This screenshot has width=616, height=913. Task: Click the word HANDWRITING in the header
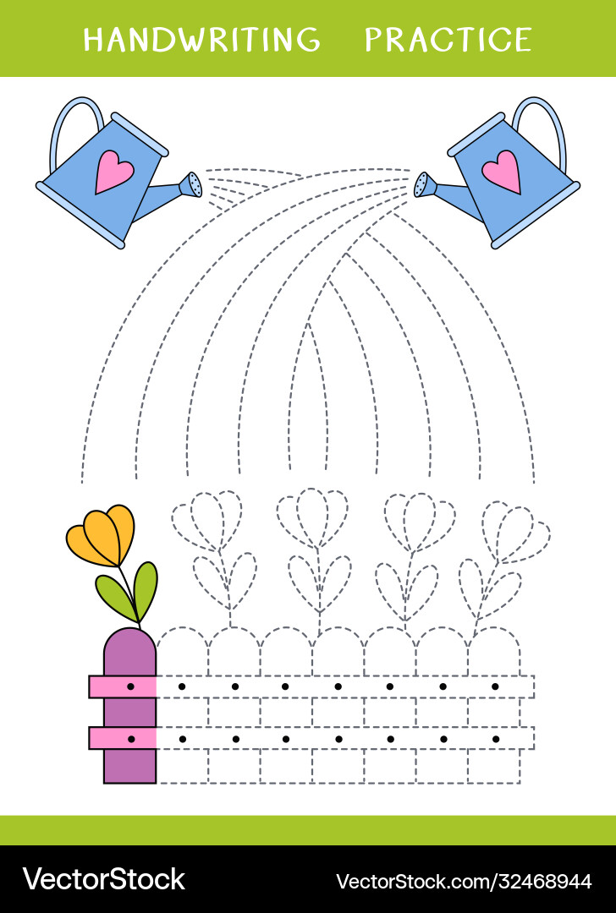coord(201,39)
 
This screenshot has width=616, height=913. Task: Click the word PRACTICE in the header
coord(448,39)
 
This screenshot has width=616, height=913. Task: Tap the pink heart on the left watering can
coord(113,172)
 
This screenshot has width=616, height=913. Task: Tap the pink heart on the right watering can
coord(501,172)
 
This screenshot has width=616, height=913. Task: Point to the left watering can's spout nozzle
coord(195,184)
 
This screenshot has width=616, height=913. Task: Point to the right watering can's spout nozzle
coord(422,184)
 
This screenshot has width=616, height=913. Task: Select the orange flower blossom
coord(102,534)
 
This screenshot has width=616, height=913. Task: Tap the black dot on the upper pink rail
coord(130,686)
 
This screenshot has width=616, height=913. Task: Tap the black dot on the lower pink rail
coord(130,739)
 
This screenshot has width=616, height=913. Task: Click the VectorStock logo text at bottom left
coord(103,879)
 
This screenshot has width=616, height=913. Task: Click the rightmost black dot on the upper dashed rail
coord(495,686)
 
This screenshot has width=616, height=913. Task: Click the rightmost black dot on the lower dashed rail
coord(495,739)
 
